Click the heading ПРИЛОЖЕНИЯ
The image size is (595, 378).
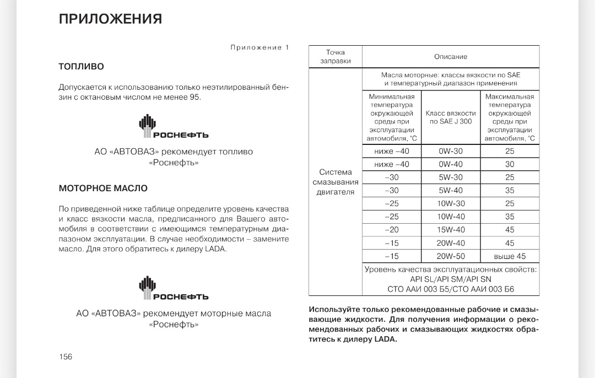[110, 19]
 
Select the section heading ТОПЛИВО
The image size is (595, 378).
[82, 67]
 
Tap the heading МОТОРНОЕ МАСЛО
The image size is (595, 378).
[103, 188]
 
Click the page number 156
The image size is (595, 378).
[66, 357]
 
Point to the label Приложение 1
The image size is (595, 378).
[259, 47]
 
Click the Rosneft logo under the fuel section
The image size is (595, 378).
[173, 127]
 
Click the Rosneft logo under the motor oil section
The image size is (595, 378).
[173, 289]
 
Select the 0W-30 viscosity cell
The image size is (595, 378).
[451, 151]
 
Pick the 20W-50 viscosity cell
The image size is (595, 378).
[451, 256]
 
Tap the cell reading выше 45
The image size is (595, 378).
[510, 256]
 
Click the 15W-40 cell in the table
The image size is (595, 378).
[451, 230]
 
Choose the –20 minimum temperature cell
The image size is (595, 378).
[392, 230]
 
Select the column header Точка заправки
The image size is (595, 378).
[336, 57]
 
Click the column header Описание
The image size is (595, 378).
[451, 57]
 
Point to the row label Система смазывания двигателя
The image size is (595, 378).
[336, 182]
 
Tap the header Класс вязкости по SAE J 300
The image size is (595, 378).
[451, 117]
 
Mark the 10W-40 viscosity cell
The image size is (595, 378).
[451, 217]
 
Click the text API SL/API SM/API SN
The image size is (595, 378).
[451, 279]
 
